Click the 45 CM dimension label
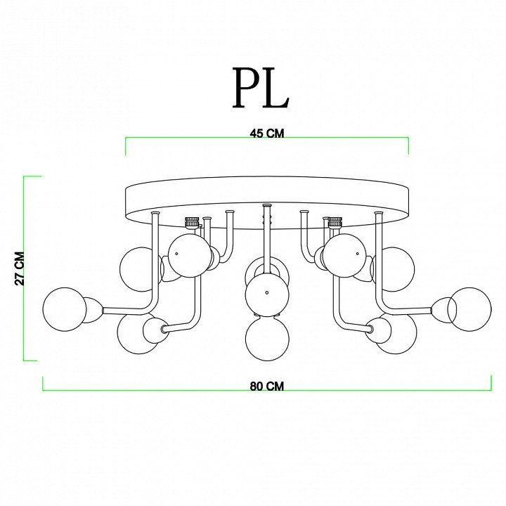[267, 134]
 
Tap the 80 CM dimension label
[267, 386]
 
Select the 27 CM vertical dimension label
[20, 268]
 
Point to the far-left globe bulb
[65, 309]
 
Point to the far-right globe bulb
[469, 309]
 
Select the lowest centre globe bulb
[267, 339]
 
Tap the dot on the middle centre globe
[267, 292]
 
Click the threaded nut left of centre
[191, 222]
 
